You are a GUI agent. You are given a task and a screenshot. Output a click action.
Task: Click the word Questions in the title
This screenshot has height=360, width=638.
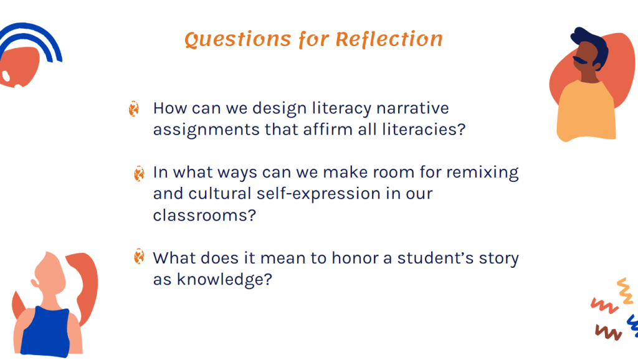tap(237, 40)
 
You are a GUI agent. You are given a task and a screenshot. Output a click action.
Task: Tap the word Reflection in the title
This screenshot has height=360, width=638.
tap(389, 39)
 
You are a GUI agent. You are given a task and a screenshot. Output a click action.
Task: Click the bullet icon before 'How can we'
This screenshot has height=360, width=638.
tap(133, 108)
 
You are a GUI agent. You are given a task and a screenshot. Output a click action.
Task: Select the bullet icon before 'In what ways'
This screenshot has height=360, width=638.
tap(139, 173)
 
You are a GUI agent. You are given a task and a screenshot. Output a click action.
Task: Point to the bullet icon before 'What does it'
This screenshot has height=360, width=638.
tap(139, 256)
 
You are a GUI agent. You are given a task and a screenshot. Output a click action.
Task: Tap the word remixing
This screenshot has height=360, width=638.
tap(483, 173)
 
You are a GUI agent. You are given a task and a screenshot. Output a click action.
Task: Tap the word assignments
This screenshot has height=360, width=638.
tap(206, 130)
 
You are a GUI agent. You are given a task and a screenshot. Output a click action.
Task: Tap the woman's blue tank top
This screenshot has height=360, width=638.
tap(45, 332)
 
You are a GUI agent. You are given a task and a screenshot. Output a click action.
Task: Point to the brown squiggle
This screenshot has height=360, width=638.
tap(608, 332)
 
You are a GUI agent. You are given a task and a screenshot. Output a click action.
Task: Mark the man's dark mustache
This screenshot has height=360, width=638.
tap(580, 60)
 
